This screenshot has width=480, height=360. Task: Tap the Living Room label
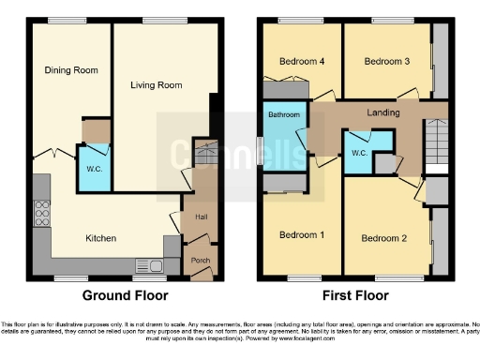tap(156, 85)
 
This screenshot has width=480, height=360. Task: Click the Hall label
tap(201, 216)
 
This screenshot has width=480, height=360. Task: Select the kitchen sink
tap(147, 265)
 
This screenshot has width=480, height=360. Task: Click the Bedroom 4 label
tap(302, 62)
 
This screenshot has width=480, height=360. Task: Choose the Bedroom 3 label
tap(387, 62)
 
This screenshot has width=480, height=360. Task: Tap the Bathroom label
tap(284, 114)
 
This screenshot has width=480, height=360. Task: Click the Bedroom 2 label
tap(383, 238)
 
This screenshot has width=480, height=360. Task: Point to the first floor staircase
tap(436, 145)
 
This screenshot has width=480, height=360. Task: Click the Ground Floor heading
tap(126, 295)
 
